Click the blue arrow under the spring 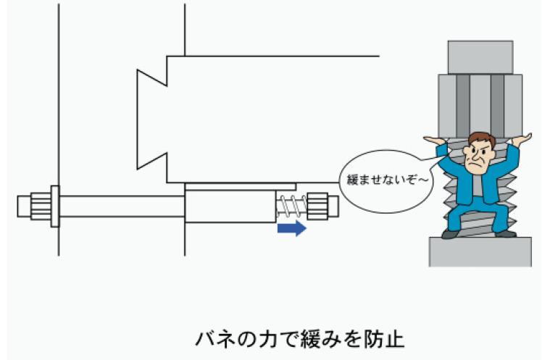pos(292,228)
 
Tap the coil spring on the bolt pos(291,206)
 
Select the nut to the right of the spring pos(317,206)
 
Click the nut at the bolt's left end pos(41,206)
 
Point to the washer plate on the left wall pos(55,206)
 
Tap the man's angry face pos(478,154)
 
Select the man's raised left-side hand pos(434,141)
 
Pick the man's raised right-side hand pos(522,138)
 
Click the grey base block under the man pos(480,252)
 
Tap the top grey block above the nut pos(480,57)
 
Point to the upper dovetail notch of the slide pos(152,78)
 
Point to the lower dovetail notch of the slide pos(152,161)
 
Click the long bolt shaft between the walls pos(122,206)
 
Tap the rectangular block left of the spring pos(230,206)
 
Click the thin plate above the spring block pos(241,187)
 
